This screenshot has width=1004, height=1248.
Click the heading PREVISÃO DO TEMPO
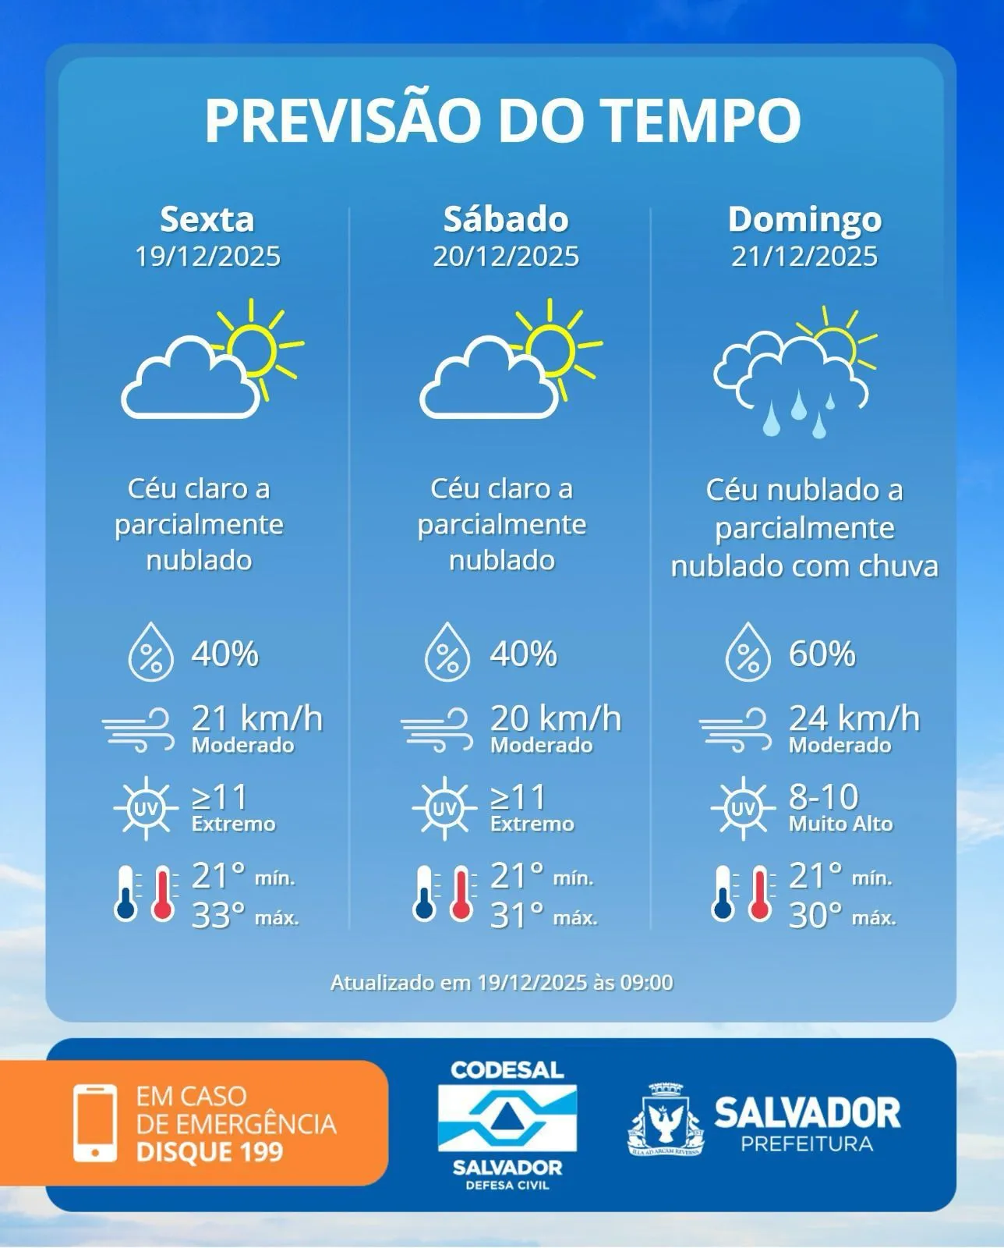click(503, 119)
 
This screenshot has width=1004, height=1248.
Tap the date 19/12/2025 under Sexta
click(207, 256)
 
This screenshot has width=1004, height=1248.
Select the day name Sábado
click(506, 219)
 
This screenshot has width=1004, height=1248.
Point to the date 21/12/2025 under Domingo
click(804, 256)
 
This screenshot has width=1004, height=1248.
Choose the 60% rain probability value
click(822, 654)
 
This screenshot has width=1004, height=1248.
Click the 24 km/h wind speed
click(854, 718)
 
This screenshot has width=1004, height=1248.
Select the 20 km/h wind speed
click(555, 718)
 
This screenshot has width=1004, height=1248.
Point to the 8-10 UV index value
click(823, 796)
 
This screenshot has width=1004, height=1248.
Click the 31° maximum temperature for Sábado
click(517, 915)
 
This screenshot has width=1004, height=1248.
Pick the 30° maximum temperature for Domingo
click(815, 915)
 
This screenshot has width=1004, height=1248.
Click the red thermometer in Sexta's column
click(163, 893)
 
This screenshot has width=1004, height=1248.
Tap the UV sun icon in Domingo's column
click(743, 809)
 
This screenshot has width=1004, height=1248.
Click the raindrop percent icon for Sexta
click(150, 652)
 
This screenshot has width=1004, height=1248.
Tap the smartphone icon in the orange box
click(95, 1122)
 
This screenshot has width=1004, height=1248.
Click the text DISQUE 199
click(209, 1151)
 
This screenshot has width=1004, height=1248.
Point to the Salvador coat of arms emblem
click(666, 1119)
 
